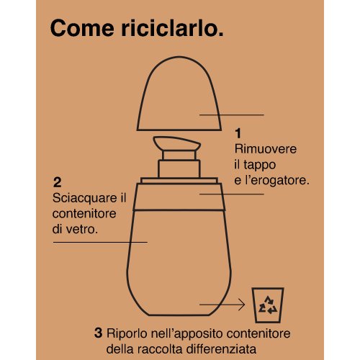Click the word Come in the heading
click(82, 28)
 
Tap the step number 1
click(238, 133)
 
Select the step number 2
click(58, 182)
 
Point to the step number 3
click(98, 333)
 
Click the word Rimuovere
click(266, 149)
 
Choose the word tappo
click(259, 166)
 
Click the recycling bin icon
click(268, 305)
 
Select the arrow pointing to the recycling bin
click(222, 305)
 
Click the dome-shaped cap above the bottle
click(179, 94)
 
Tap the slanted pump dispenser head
click(177, 143)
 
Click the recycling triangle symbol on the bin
click(268, 305)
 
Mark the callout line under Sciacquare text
click(100, 242)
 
